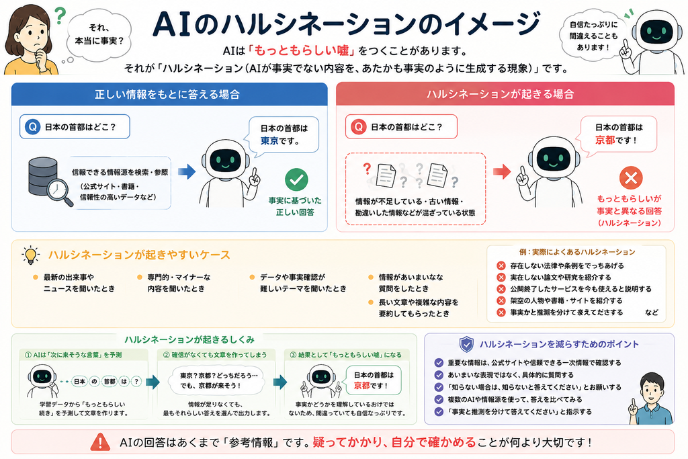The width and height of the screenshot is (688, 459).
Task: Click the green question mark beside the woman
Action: [x=60, y=15]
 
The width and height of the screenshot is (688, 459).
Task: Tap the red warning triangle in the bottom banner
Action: [x=100, y=442]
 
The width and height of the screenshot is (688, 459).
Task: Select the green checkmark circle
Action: [x=296, y=179]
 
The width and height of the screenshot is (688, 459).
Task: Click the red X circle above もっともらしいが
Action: [x=631, y=177]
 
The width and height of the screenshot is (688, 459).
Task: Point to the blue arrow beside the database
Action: [x=187, y=171]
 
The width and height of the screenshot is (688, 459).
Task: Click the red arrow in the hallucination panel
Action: [x=502, y=171]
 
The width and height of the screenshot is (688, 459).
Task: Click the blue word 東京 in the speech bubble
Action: [x=269, y=141]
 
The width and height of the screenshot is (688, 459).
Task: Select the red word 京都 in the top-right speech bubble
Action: [x=605, y=140]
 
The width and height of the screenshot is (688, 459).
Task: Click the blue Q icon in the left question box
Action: [x=32, y=127]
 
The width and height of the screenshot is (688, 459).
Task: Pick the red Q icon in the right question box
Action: [x=359, y=127]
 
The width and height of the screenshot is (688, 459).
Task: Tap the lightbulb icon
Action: [x=31, y=255]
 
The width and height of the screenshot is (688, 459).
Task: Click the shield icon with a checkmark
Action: [x=466, y=345]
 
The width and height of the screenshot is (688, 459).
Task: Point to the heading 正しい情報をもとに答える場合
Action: [x=167, y=94]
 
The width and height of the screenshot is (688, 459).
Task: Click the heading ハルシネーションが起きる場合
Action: [x=500, y=94]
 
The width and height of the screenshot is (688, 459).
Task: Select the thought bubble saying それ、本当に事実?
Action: [x=99, y=34]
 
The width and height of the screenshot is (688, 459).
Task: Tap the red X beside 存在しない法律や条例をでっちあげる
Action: [x=501, y=265]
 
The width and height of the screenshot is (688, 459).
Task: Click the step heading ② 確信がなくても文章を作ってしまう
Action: [x=215, y=355]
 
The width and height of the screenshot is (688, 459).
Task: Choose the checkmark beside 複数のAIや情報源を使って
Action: [x=439, y=399]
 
